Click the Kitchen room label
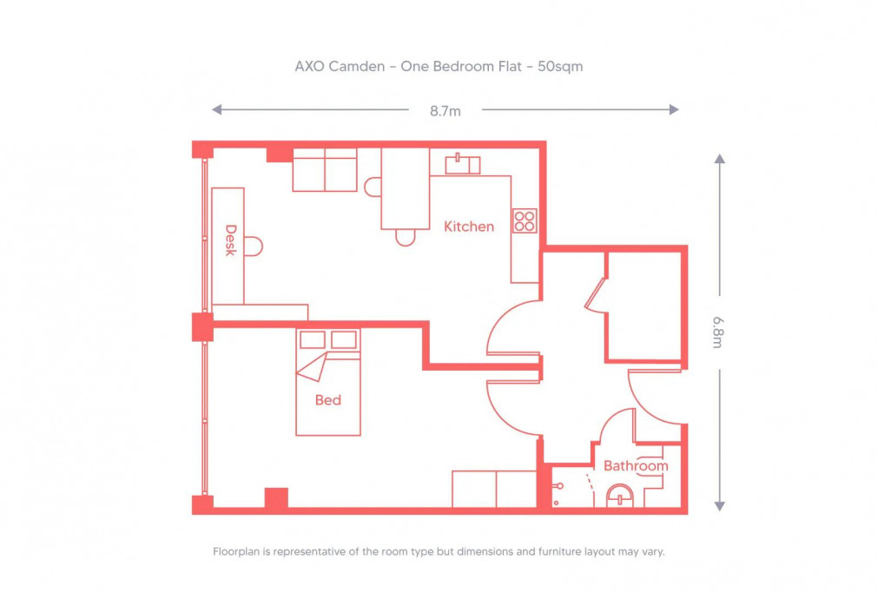pyautogui.click(x=469, y=227)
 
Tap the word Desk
pyautogui.click(x=231, y=240)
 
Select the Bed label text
pyautogui.click(x=327, y=400)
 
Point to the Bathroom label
pyautogui.click(x=636, y=466)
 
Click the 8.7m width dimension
pyautogui.click(x=445, y=110)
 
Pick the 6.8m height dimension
pyautogui.click(x=718, y=332)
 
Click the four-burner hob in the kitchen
pyautogui.click(x=525, y=220)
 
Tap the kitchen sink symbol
pyautogui.click(x=462, y=164)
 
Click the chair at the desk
pyautogui.click(x=254, y=247)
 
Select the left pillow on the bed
pyautogui.click(x=312, y=339)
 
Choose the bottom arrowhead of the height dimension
pyautogui.click(x=719, y=505)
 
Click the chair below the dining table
pyautogui.click(x=405, y=237)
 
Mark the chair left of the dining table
pyautogui.click(x=373, y=187)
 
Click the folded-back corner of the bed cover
pyautogui.click(x=312, y=368)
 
